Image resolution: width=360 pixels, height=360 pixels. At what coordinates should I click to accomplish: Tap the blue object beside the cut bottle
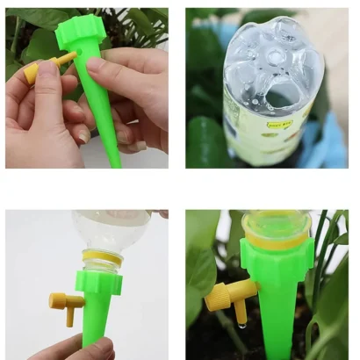tap(333, 140)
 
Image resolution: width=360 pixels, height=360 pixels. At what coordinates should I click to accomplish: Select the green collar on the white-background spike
tap(97, 282)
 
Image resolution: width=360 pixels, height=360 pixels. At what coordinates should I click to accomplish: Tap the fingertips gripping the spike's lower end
tap(88, 348)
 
